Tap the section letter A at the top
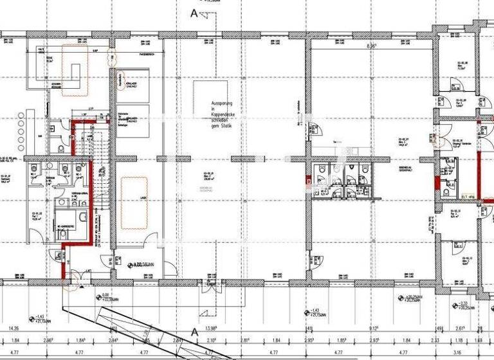(194, 12)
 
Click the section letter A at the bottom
(194, 331)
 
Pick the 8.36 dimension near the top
(371, 46)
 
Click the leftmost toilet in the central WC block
(320, 168)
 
